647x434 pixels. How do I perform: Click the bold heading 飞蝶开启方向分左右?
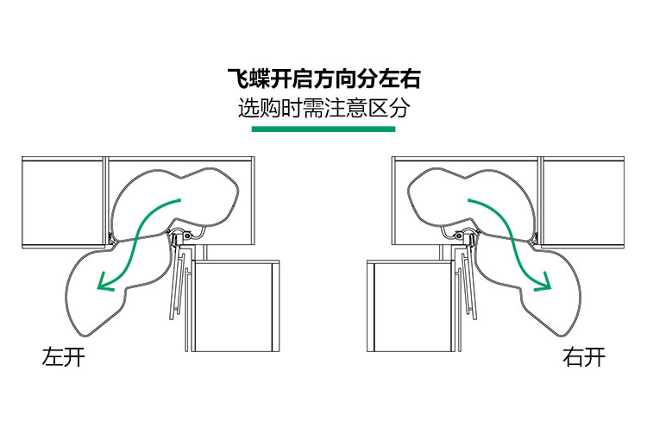coord(323,80)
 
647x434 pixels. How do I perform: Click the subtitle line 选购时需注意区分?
coord(323,110)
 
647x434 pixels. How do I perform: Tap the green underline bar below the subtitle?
coord(323,129)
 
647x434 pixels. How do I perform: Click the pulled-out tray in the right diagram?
coord(552,293)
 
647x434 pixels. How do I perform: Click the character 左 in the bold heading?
coord(389,80)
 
